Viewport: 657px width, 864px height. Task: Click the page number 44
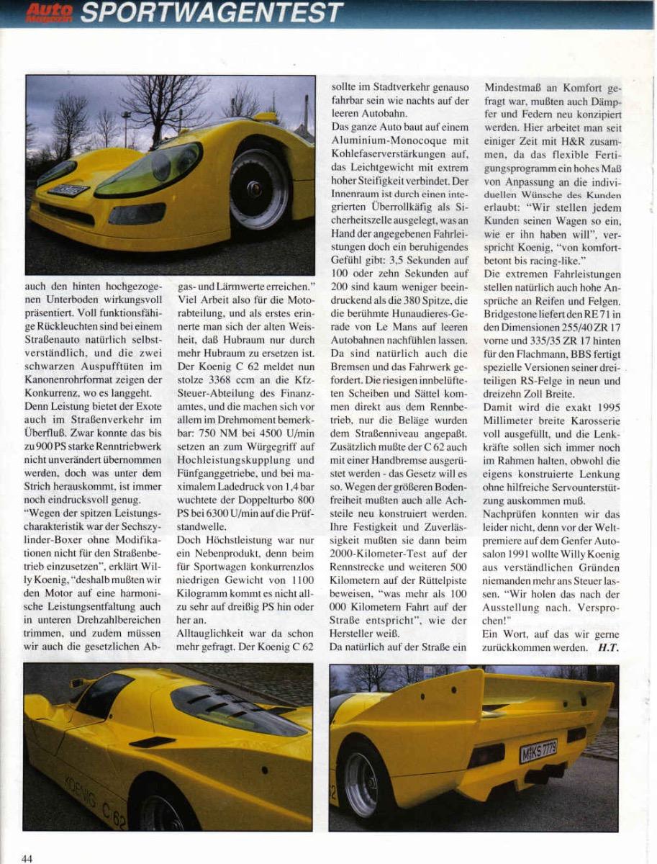point(27,858)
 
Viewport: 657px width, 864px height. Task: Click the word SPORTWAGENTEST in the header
point(212,12)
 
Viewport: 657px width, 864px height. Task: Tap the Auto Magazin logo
point(49,12)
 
